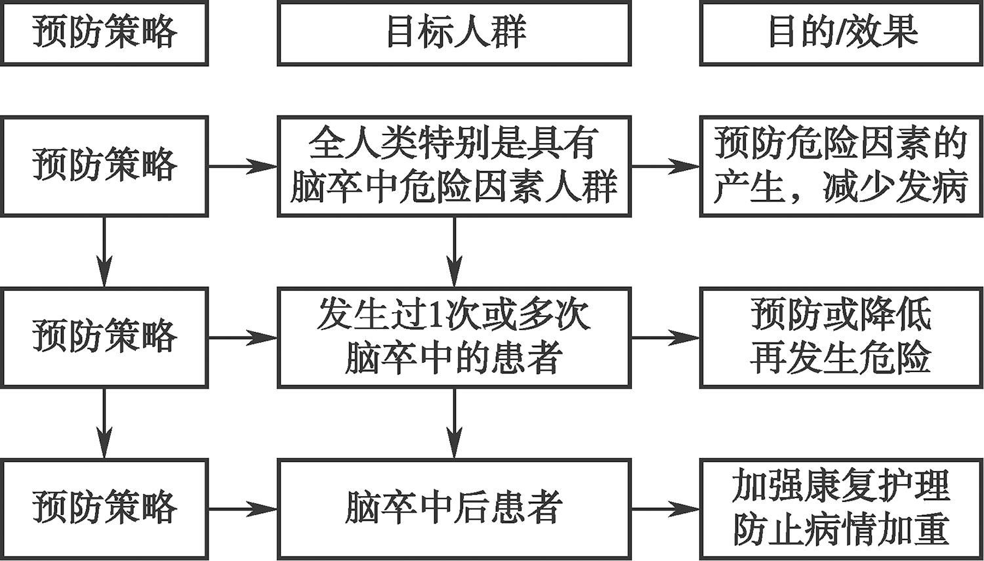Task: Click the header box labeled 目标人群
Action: pyautogui.click(x=454, y=33)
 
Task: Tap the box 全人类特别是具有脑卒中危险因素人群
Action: pyautogui.click(x=454, y=166)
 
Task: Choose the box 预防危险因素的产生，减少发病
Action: pyautogui.click(x=842, y=166)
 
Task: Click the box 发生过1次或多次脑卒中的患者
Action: pyautogui.click(x=454, y=337)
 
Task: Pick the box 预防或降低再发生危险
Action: pyautogui.click(x=842, y=337)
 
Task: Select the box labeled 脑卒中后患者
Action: pyautogui.click(x=454, y=509)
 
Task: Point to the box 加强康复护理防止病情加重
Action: pyautogui.click(x=842, y=509)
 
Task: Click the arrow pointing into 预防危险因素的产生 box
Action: pyautogui.click(x=665, y=167)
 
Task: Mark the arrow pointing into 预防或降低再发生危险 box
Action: pyautogui.click(x=665, y=338)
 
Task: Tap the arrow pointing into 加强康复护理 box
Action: pyautogui.click(x=665, y=509)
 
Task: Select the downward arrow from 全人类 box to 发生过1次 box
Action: pyautogui.click(x=454, y=252)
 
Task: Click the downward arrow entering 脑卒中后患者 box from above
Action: pyautogui.click(x=454, y=423)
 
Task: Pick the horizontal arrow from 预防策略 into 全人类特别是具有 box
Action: pyautogui.click(x=243, y=167)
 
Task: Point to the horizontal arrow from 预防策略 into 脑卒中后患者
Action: pyautogui.click(x=243, y=509)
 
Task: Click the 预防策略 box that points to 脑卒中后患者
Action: pyautogui.click(x=105, y=509)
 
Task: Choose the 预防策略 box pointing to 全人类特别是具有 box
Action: pyautogui.click(x=105, y=166)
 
